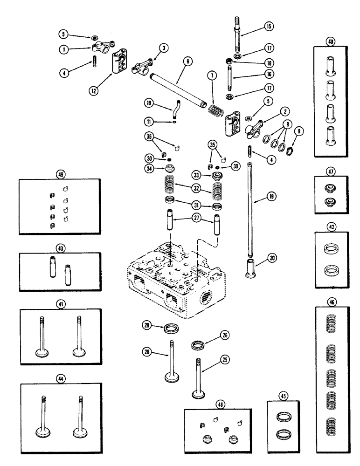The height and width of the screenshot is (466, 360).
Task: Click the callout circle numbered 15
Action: [x=269, y=27]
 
